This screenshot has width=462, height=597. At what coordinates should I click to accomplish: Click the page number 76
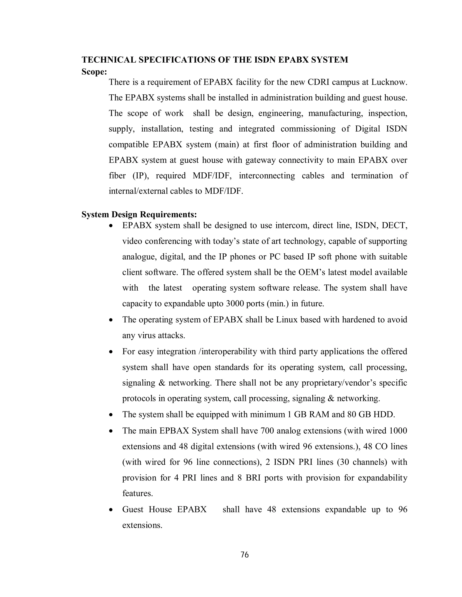[x=244, y=555]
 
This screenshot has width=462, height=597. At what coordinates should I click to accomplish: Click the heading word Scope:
[x=94, y=72]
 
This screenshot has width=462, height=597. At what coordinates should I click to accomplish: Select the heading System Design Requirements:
[x=139, y=214]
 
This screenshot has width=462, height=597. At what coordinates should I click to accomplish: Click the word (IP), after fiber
[x=141, y=175]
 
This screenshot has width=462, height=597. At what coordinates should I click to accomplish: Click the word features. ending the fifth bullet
[x=137, y=493]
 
